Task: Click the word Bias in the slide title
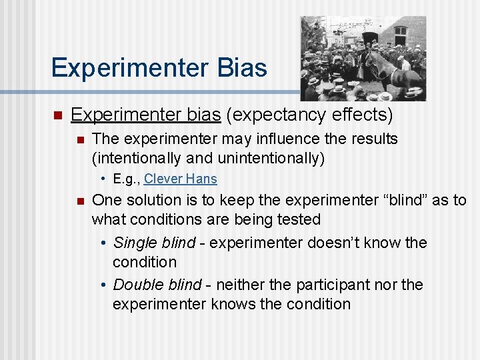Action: click(x=239, y=68)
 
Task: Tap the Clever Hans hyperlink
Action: click(x=180, y=179)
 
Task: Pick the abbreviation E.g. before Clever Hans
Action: click(x=126, y=179)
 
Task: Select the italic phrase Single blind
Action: click(x=154, y=243)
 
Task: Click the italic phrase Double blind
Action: click(x=157, y=285)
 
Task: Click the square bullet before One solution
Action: click(x=79, y=201)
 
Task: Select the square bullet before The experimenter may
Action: click(x=79, y=140)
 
